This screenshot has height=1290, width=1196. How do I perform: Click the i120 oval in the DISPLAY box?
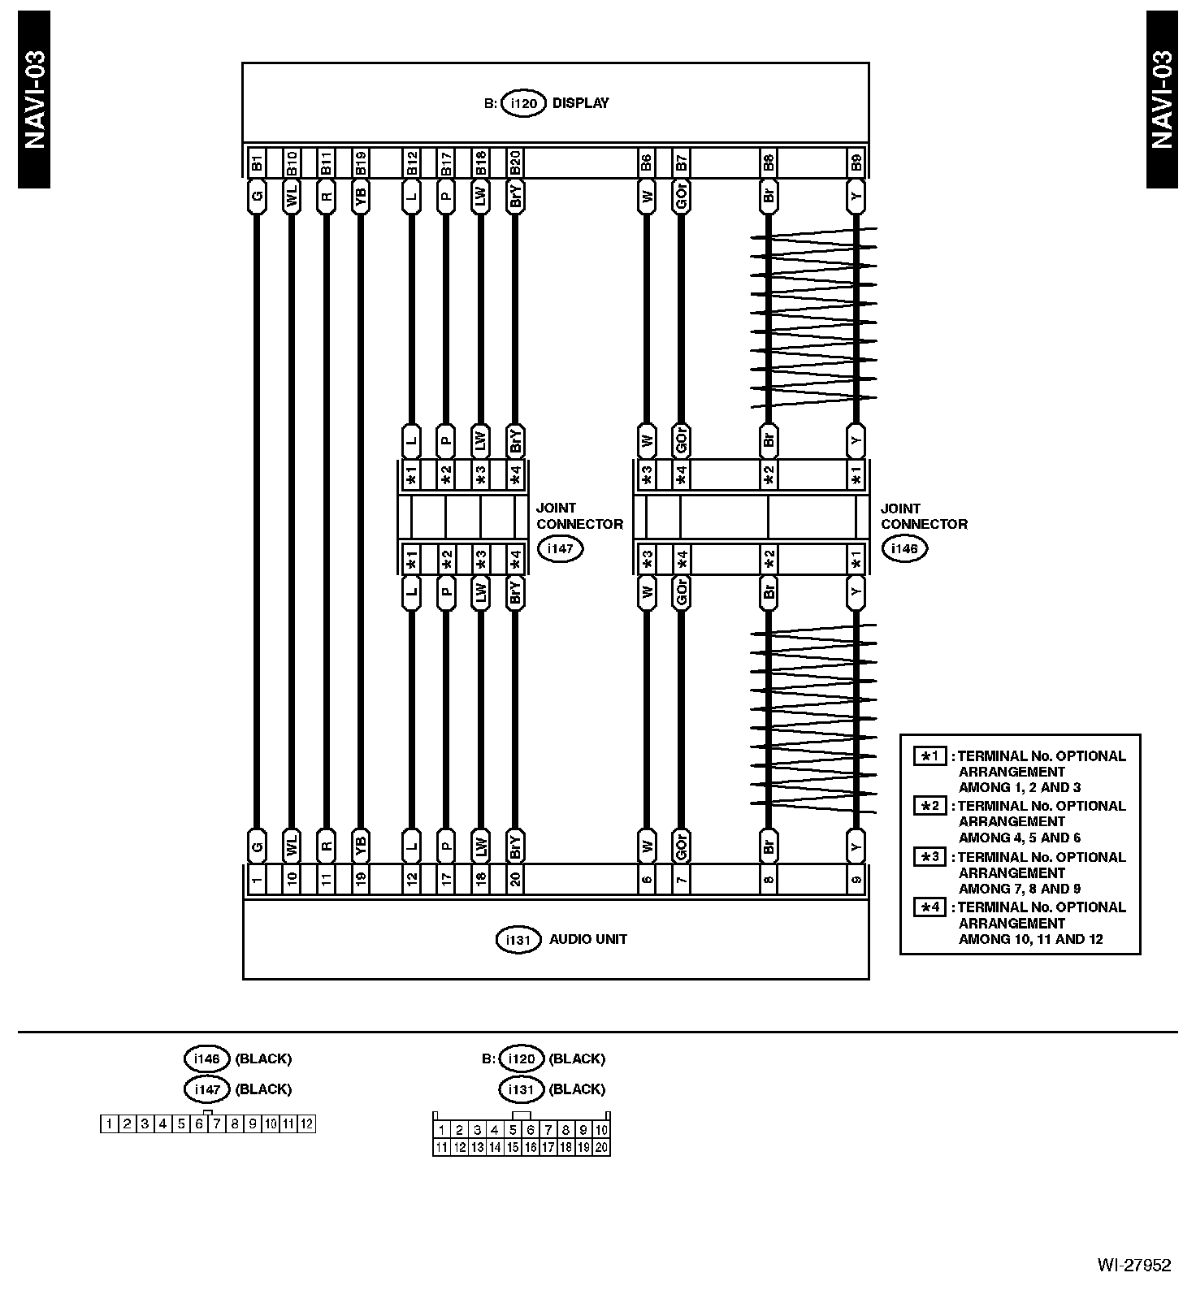(x=523, y=104)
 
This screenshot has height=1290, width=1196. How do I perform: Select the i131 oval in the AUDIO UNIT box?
(x=518, y=940)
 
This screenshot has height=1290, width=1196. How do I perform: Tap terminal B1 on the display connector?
(x=256, y=162)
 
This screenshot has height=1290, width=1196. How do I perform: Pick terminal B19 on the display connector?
(x=361, y=162)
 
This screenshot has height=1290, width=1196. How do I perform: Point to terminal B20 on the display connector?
(x=515, y=162)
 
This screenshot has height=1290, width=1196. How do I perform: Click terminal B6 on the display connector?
(x=646, y=162)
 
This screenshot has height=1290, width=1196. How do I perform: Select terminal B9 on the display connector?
(x=856, y=162)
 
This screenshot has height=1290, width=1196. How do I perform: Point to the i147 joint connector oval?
(x=560, y=548)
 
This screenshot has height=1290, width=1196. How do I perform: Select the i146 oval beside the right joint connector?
(x=903, y=548)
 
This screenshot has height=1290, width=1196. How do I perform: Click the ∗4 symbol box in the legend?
(x=929, y=907)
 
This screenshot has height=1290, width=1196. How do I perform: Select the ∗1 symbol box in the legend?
(x=929, y=756)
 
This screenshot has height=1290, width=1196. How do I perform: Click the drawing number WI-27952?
(x=1133, y=1265)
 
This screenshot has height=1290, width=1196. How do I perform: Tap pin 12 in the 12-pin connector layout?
(x=306, y=1124)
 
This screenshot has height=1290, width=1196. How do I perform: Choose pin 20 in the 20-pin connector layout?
(x=601, y=1147)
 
